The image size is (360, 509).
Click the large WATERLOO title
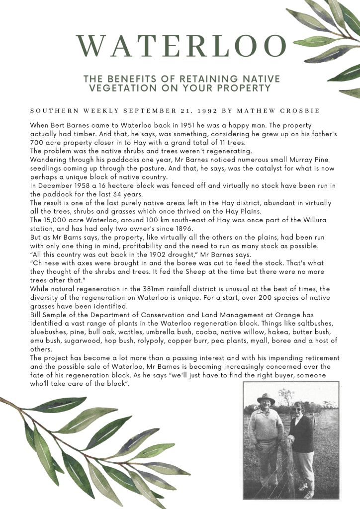pos(182,46)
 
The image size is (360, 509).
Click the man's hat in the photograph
pos(266,399)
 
